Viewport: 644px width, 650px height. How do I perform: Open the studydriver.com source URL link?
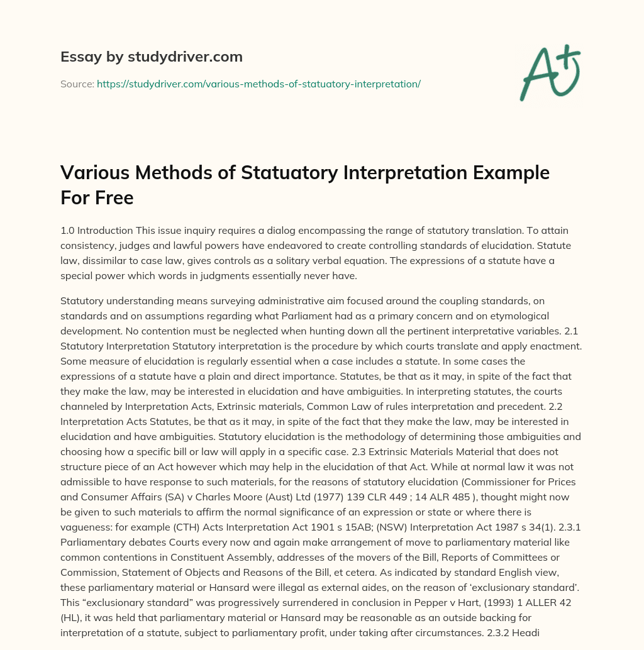(x=258, y=83)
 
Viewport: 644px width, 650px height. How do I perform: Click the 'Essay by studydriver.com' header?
(x=152, y=57)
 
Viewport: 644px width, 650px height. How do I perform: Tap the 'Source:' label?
(x=77, y=83)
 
